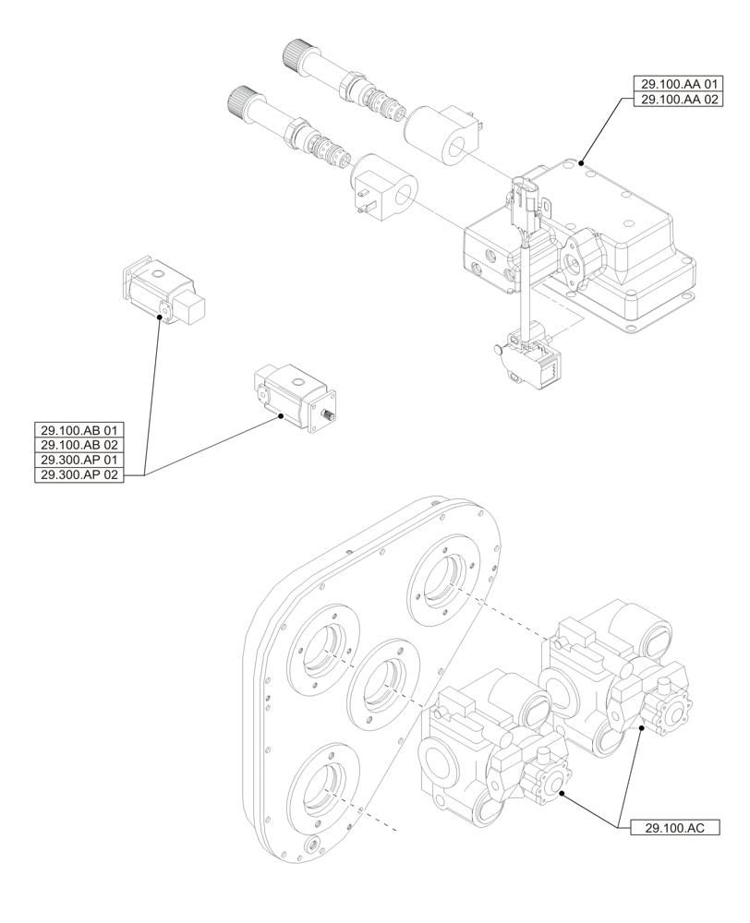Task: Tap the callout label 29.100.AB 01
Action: (x=79, y=431)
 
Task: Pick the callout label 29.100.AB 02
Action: (x=79, y=446)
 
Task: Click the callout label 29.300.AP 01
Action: (x=79, y=461)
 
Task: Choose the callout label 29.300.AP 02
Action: (x=79, y=475)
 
